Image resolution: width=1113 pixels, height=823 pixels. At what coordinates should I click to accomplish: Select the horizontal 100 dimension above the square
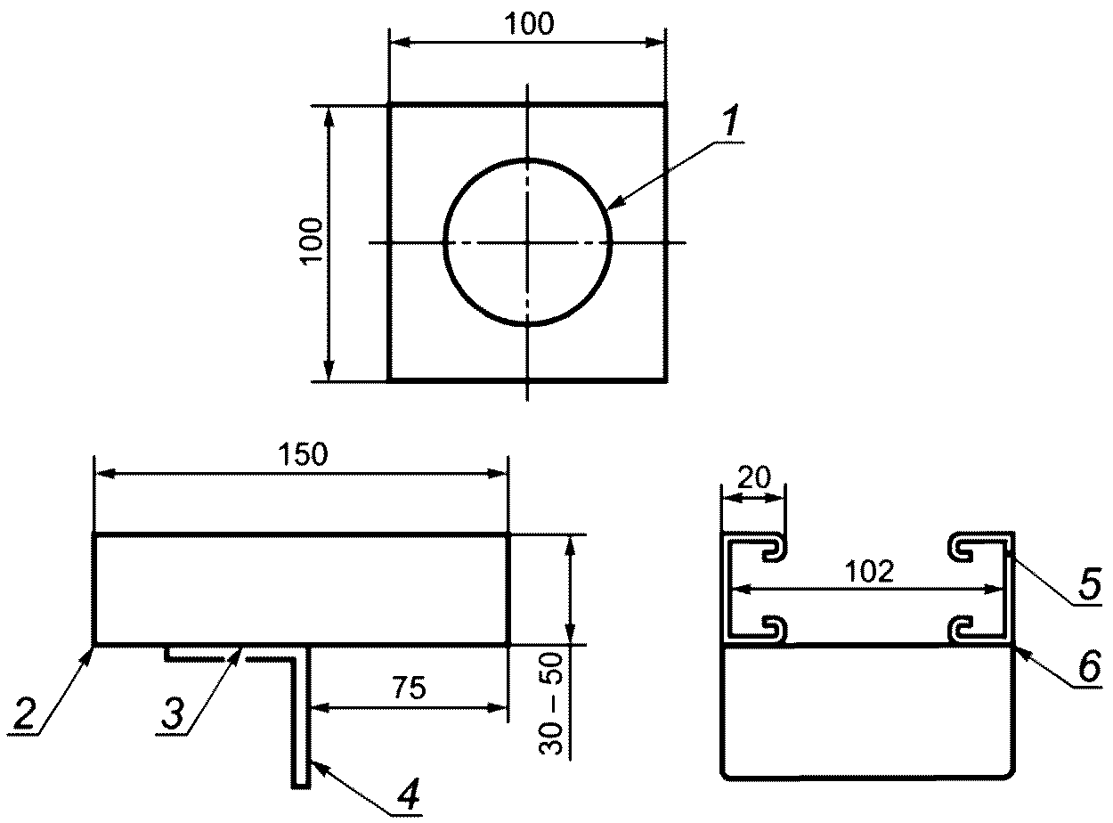coord(529,24)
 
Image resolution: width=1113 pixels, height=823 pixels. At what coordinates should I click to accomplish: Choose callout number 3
coord(173,713)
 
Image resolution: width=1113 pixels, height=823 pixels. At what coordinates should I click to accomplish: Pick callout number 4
coord(409,794)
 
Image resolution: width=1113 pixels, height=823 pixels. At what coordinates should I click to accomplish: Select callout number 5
coord(1090,583)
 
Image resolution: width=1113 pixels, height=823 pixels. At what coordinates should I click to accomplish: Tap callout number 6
coord(1090,665)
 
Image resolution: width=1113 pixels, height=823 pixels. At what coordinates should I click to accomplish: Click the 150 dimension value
coord(303,454)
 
